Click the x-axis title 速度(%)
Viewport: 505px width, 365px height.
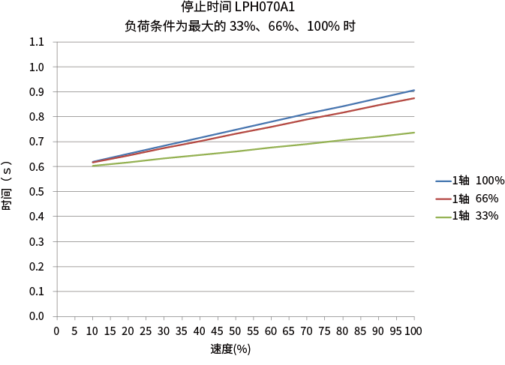230,349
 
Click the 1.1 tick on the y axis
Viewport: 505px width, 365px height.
37,42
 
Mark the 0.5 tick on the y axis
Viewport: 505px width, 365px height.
37,191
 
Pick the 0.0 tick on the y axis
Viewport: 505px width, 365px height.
37,316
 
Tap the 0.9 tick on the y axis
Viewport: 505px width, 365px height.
37,92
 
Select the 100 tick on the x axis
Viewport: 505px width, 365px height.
413,331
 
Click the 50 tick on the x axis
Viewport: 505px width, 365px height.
236,331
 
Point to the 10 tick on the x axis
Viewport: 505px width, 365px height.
92,331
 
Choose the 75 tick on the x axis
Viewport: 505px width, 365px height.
325,331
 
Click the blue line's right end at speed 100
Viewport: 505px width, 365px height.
414,90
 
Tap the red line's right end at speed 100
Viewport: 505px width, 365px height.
414,98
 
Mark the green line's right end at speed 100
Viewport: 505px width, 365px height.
414,133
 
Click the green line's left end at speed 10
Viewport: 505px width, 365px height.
92,166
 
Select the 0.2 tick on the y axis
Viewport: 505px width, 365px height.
37,266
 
